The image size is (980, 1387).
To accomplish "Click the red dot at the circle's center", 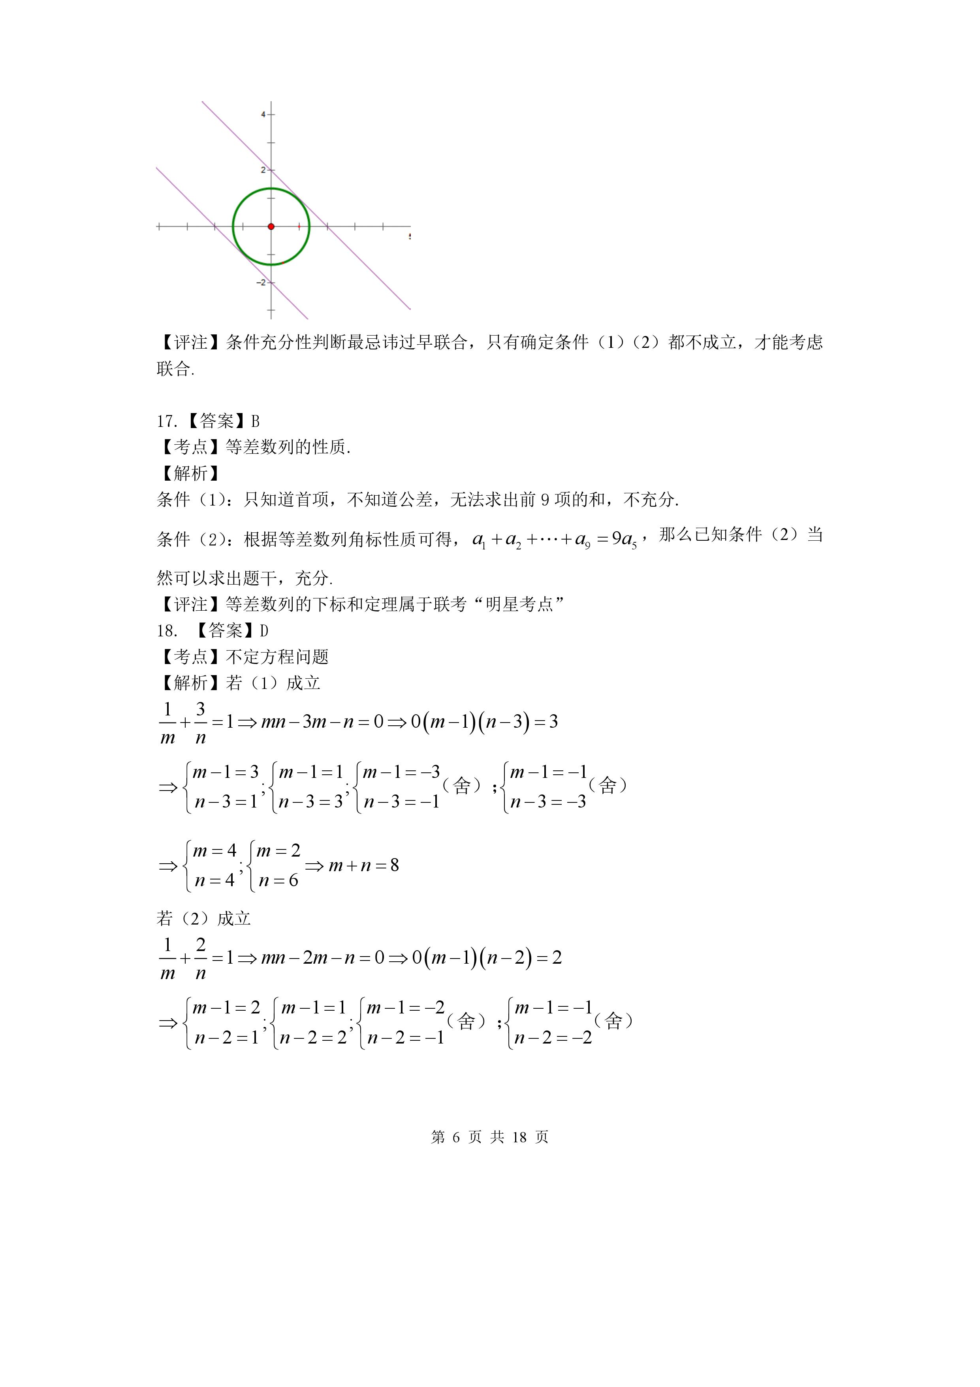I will pos(271,226).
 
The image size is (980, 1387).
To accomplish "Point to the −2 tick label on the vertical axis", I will pos(261,282).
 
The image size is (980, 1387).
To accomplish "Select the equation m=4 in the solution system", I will pos(214,851).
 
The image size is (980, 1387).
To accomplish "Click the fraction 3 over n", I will pos(201,723).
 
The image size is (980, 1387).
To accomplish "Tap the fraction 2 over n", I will pos(201,959).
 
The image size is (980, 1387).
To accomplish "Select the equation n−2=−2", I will pos(553,1038).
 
